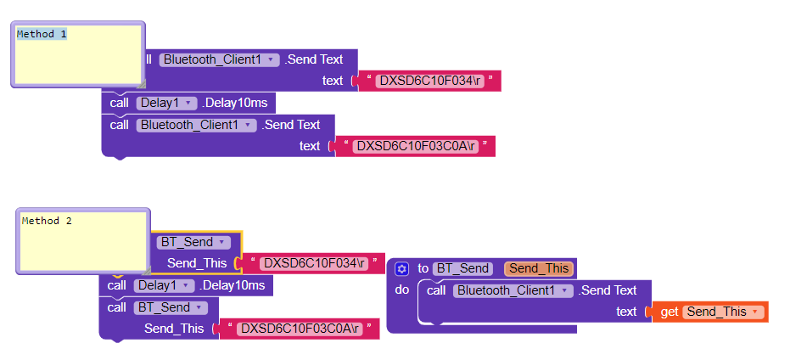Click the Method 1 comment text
pos(42,34)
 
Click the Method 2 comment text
pos(47,221)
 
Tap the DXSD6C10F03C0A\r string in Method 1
pos(416,146)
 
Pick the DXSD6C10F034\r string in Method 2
pos(314,263)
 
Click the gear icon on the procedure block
pos(402,268)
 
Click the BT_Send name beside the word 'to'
pos(463,268)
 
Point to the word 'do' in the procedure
pos(402,290)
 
